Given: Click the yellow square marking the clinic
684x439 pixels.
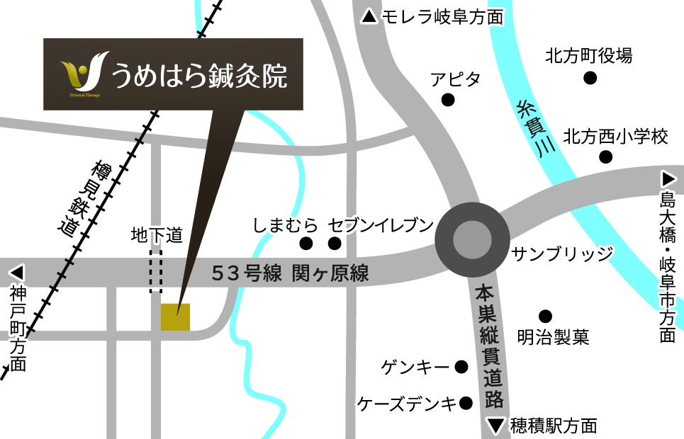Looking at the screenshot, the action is click(175, 317).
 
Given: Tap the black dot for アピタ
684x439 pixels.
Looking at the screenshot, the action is click(448, 100).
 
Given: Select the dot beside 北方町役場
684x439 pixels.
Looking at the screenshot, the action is click(588, 78).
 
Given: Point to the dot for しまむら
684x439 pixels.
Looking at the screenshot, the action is click(306, 244).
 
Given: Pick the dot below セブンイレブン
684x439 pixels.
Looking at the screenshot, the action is click(335, 244).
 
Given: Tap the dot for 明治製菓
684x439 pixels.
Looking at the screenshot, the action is click(545, 316).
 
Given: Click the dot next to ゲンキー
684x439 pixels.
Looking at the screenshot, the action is click(461, 367).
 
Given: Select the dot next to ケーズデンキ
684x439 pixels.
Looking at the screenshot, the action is click(466, 404).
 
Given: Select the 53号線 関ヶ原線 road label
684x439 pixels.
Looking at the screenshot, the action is click(291, 273).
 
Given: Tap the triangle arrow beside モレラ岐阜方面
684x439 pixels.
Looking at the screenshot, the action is click(369, 17).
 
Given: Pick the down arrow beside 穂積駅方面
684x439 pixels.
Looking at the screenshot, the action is click(496, 426).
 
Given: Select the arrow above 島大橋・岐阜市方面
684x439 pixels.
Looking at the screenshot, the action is click(668, 178).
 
